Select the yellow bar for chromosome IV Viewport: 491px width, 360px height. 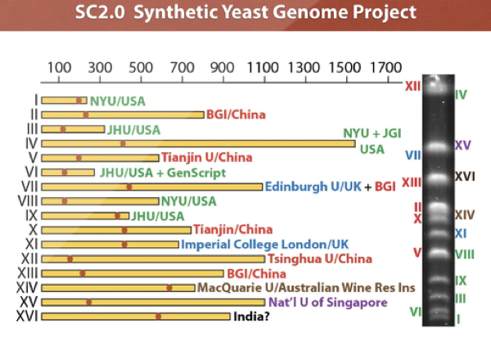[196, 144]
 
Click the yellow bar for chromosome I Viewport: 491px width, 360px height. [64, 101]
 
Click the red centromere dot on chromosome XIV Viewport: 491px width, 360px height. [169, 288]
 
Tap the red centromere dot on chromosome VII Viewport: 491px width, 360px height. [128, 187]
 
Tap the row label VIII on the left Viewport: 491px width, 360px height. [28, 201]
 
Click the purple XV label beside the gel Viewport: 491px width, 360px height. [463, 146]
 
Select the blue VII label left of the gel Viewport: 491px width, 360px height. [413, 155]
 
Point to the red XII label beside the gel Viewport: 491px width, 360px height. [412, 85]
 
